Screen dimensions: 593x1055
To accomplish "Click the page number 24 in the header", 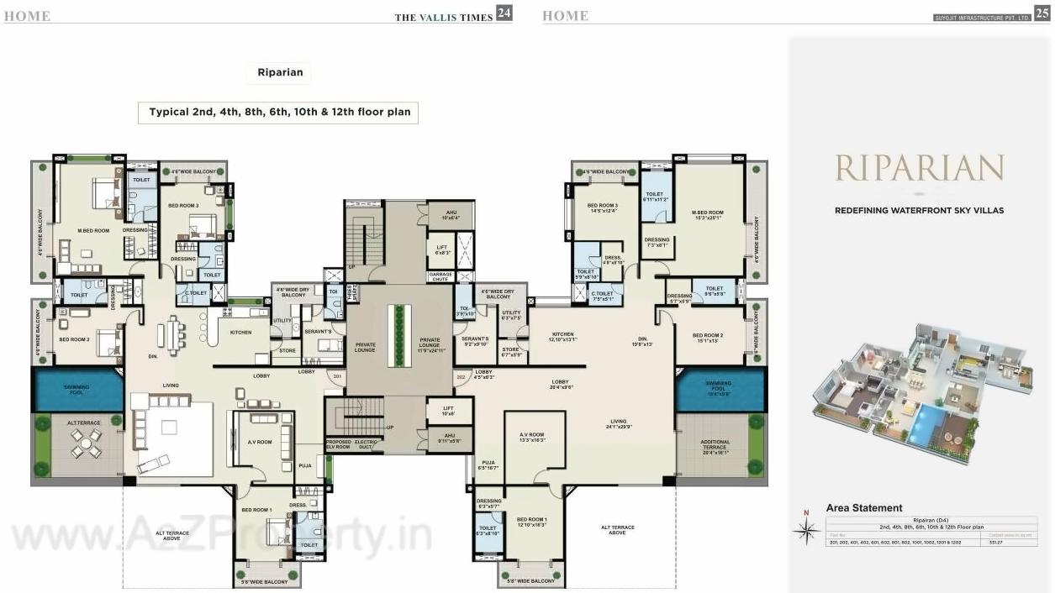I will tap(504, 13).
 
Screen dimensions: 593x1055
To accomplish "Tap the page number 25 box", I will tap(1042, 13).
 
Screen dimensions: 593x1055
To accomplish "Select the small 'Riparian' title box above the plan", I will tap(281, 73).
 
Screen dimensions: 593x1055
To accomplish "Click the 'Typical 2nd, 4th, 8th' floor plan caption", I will tap(278, 112).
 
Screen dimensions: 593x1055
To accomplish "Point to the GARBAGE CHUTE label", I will tap(441, 276).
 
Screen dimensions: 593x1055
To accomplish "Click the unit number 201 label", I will tap(337, 377).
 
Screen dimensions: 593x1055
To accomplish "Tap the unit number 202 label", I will tap(461, 377).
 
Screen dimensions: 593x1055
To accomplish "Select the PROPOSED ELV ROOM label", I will tap(338, 444).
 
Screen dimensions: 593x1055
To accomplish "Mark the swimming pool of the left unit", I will tap(77, 391).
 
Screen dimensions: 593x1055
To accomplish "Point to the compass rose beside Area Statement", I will tap(807, 528).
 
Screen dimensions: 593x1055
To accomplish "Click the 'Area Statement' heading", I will tap(864, 508).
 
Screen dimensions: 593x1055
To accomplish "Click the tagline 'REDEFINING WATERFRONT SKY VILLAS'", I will tap(919, 211).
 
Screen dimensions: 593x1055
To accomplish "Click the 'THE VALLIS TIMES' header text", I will tap(443, 17).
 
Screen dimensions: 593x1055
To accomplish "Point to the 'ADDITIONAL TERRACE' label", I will tap(715, 445).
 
